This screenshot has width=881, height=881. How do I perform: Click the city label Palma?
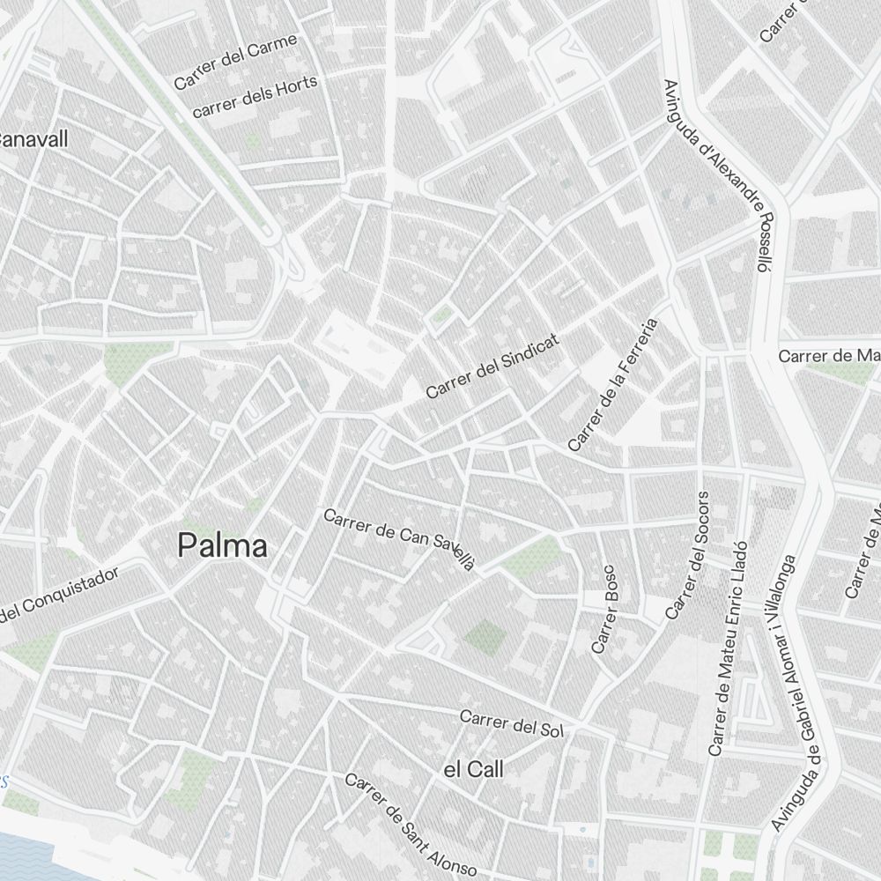[223, 546]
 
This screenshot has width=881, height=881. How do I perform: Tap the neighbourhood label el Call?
[473, 770]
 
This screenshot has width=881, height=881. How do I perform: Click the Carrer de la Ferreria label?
[613, 385]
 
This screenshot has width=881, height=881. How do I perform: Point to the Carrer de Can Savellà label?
[399, 538]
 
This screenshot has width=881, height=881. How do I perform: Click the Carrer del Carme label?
[235, 62]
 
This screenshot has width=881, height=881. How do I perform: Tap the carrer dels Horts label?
[254, 97]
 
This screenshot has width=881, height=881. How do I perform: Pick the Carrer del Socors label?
[687, 554]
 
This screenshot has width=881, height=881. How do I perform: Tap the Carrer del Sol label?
[511, 723]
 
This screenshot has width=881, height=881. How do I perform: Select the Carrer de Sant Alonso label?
[410, 824]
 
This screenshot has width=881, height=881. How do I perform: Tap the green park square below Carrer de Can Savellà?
[481, 636]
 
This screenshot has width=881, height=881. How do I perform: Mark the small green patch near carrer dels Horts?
[254, 141]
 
